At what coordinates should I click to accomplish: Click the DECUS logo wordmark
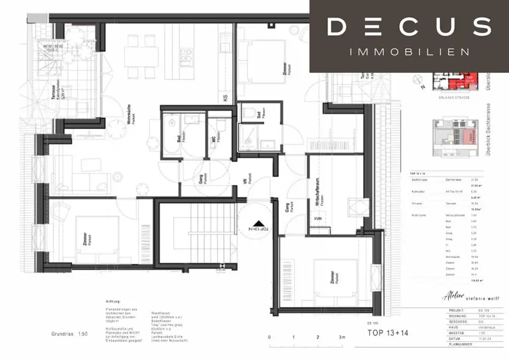click(x=409, y=27)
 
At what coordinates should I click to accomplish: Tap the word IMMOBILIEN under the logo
click(x=409, y=52)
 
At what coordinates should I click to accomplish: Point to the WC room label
click(x=214, y=139)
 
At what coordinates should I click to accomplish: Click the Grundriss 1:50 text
click(x=69, y=334)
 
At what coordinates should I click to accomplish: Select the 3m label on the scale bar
click(x=342, y=338)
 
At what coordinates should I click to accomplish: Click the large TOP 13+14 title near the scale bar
click(x=387, y=333)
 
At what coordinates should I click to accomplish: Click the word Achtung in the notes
click(x=114, y=302)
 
